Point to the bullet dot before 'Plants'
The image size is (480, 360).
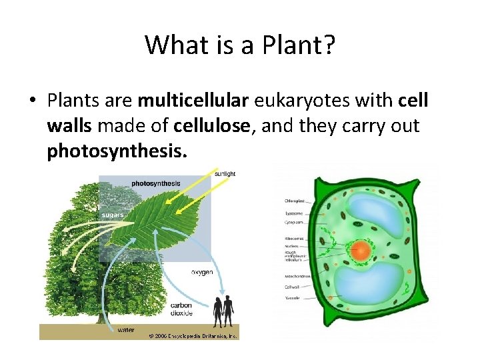click(x=31, y=102)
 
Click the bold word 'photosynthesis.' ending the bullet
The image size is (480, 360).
click(x=117, y=151)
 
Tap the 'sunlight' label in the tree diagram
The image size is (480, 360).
click(x=224, y=174)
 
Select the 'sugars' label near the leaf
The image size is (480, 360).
click(x=112, y=215)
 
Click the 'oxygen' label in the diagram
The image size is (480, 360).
click(x=202, y=272)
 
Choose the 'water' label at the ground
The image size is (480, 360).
click(x=125, y=329)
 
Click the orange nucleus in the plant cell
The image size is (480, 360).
click(x=361, y=251)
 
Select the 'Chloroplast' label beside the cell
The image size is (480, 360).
click(x=296, y=200)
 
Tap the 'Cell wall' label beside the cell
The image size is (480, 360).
click(x=294, y=287)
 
